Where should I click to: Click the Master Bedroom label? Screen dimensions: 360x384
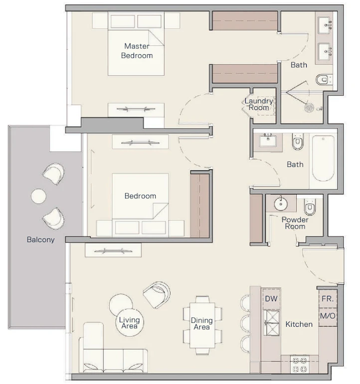137,51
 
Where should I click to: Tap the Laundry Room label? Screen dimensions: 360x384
259,104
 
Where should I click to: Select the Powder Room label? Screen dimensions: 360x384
295,223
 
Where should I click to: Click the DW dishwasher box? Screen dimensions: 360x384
271,299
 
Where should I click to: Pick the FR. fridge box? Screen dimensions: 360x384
328,299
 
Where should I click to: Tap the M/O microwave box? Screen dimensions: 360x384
328,316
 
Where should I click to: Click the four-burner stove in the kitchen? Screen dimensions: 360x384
300,365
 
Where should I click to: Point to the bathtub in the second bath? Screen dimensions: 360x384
323,158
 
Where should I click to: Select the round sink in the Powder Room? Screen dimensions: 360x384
281,204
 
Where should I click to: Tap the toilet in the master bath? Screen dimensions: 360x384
323,80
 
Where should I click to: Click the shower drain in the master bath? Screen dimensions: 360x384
309,108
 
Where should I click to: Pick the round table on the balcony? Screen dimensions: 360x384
38,196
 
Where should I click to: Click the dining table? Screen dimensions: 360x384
202,325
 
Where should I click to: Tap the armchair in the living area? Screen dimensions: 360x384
157,295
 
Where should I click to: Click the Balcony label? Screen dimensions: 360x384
41,239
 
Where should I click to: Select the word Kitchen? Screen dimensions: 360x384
299,324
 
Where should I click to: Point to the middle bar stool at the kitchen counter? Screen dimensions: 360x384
245,324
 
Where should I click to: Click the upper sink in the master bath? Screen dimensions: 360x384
325,25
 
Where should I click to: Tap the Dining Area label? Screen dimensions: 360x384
202,324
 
